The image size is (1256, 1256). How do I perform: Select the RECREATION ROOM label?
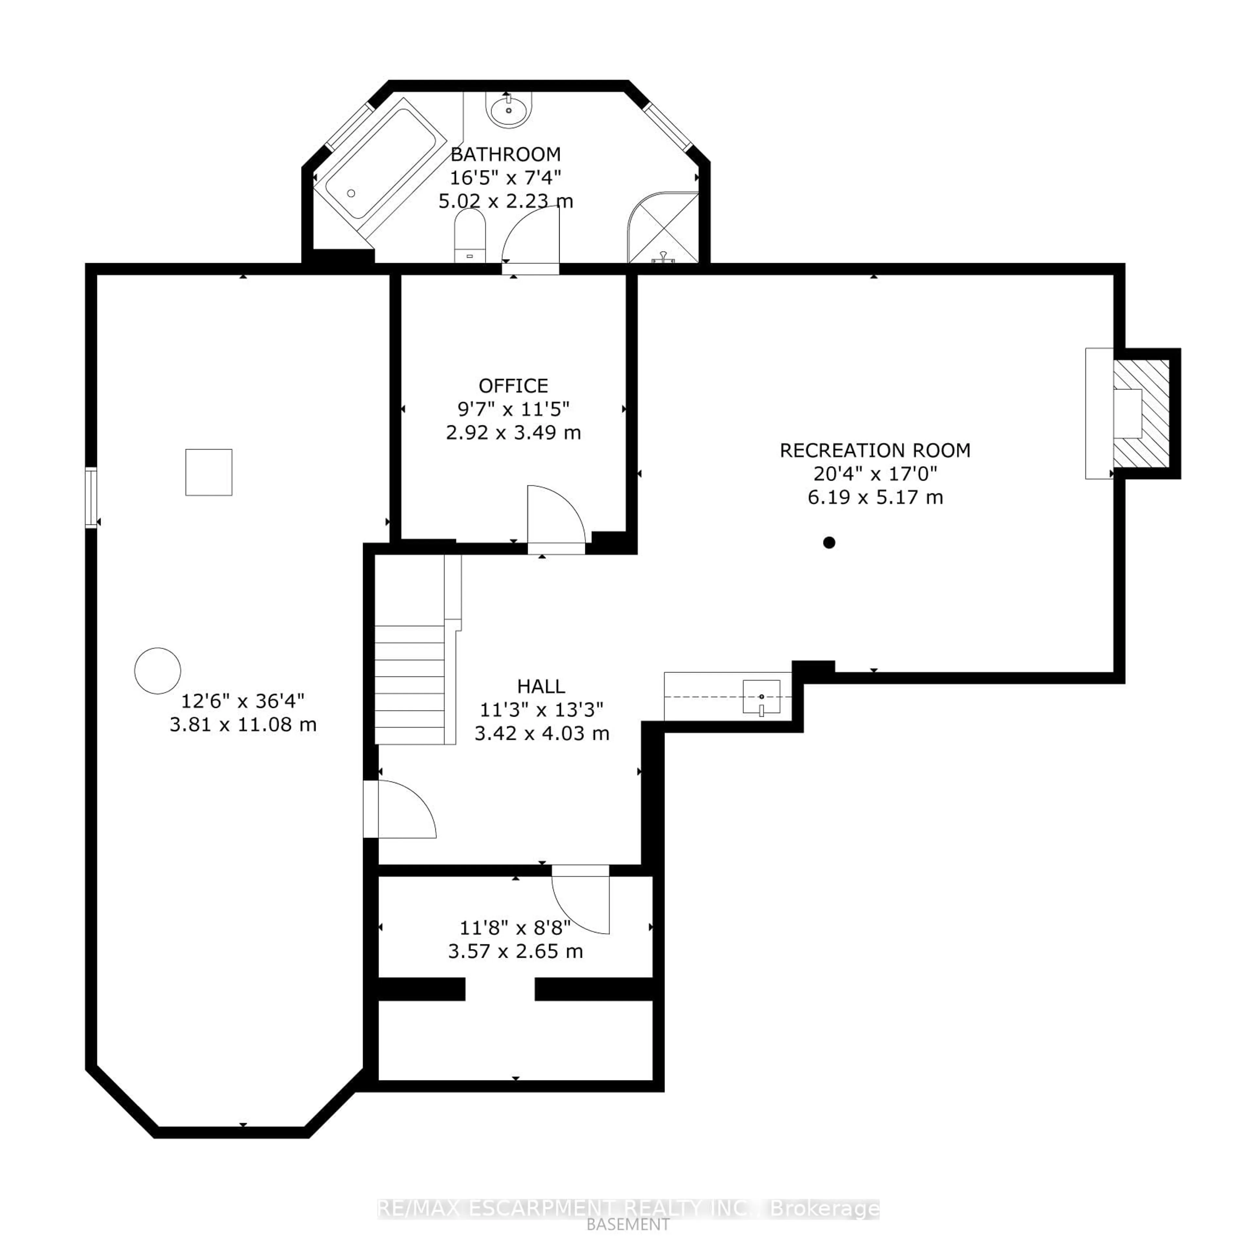click(x=875, y=450)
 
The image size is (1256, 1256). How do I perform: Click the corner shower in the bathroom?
click(x=663, y=228)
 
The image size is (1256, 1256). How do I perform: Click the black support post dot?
click(x=829, y=542)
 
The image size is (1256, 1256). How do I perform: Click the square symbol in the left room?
click(x=209, y=472)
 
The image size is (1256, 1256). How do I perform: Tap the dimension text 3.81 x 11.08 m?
click(x=243, y=724)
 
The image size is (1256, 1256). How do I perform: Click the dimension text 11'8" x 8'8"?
click(x=515, y=928)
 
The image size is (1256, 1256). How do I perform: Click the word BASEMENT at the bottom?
click(x=628, y=1225)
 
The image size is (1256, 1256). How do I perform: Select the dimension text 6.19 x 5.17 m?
click(x=875, y=497)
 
